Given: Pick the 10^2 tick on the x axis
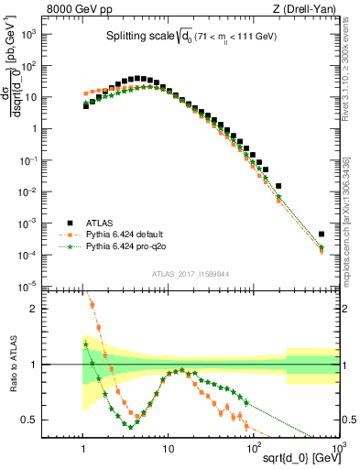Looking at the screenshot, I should [253, 448].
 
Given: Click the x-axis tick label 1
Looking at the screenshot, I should [84, 448].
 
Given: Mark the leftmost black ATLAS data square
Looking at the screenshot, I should [85, 105].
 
